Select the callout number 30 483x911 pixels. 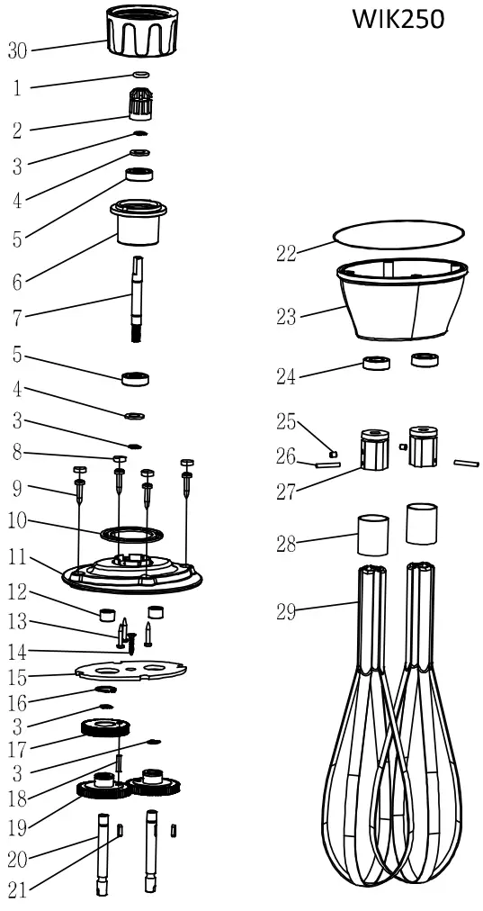click(18, 51)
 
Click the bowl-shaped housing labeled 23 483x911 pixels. click(401, 302)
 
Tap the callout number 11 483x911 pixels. click(18, 558)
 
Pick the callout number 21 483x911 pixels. click(18, 891)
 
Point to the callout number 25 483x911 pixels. click(286, 419)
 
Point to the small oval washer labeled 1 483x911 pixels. click(140, 74)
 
